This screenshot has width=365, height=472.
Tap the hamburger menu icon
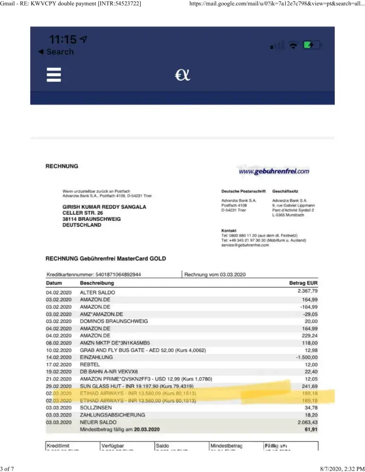click(x=54, y=75)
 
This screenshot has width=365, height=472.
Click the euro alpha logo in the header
click(x=183, y=75)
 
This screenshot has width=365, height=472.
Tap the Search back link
click(x=56, y=52)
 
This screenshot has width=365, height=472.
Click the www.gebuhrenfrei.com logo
click(x=274, y=171)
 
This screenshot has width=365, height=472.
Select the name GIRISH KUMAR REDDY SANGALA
click(x=104, y=207)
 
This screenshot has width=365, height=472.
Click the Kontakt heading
click(x=229, y=230)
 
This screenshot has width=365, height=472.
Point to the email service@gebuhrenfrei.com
click(x=245, y=245)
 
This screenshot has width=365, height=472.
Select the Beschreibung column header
click(x=97, y=283)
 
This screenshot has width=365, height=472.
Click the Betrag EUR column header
click(x=303, y=283)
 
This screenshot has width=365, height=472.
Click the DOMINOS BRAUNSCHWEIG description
click(x=114, y=321)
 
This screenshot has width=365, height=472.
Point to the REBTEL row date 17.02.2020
click(x=59, y=364)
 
